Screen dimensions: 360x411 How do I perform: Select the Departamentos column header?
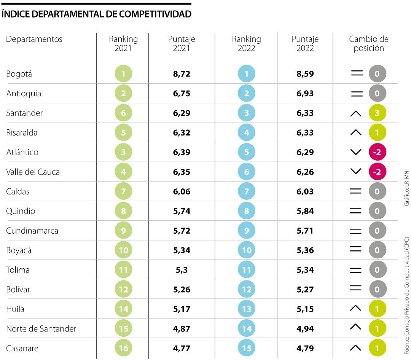[x=34, y=39]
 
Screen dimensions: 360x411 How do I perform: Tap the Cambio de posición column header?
[x=368, y=43]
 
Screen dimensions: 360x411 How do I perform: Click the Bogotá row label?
[x=19, y=74]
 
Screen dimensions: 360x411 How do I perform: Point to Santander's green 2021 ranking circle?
[x=123, y=113]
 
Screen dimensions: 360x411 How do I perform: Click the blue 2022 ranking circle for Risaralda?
[x=247, y=133]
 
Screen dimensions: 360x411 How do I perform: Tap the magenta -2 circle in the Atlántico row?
[x=377, y=152]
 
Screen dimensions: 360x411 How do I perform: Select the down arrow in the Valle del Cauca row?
[x=356, y=172]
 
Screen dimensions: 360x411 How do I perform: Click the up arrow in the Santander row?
[x=356, y=113]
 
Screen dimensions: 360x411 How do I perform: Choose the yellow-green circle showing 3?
[x=377, y=113]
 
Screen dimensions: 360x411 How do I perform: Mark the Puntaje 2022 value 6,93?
[x=305, y=94]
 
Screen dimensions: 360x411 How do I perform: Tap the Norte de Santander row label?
[x=41, y=328]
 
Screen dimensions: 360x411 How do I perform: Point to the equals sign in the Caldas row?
[x=356, y=191]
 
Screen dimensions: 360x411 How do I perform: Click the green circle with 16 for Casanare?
[x=123, y=348]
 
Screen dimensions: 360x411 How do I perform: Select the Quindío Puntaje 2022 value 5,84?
[x=305, y=211]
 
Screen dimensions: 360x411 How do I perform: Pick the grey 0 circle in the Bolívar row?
[x=377, y=289]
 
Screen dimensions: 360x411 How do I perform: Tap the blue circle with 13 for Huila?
[x=247, y=309]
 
